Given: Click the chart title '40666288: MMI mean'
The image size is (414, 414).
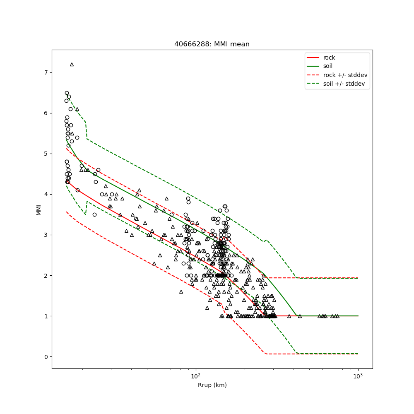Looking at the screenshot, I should click(x=212, y=44).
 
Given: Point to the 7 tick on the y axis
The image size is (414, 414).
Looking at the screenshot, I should click(x=46, y=72).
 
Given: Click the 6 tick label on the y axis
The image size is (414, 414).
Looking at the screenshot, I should click(x=46, y=113).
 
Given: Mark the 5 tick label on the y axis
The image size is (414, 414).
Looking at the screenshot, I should click(x=46, y=154).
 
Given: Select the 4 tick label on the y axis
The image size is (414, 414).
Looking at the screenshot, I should click(x=46, y=194).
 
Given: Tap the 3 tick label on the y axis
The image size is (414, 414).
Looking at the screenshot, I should click(x=46, y=235).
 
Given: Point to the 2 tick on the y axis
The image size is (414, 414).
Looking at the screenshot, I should click(x=46, y=275).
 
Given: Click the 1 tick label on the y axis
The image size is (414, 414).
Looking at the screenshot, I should click(x=46, y=316).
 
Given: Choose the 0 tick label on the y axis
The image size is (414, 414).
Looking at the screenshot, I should click(x=46, y=356).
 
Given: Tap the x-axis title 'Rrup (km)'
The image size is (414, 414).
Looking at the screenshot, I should click(x=212, y=385).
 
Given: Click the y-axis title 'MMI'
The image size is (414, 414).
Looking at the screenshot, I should click(x=39, y=209).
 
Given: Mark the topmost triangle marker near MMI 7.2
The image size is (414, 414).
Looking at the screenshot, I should click(x=72, y=64).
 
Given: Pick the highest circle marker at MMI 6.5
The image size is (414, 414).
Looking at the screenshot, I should click(x=67, y=93).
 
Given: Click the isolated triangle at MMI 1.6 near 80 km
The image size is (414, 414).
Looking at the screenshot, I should click(x=181, y=291).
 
